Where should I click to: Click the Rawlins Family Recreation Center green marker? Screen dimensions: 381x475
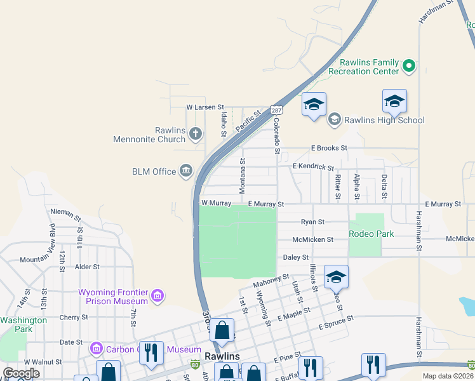click(410, 65)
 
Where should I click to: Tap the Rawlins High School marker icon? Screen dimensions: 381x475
click(334, 119)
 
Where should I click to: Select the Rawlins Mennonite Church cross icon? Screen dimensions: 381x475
click(196, 134)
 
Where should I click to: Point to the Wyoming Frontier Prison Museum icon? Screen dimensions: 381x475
click(157, 296)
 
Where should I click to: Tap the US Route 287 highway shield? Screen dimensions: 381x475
click(276, 110)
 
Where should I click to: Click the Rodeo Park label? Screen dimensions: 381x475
click(371, 234)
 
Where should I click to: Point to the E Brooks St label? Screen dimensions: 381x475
click(329, 148)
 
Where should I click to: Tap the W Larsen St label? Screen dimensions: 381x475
click(205, 108)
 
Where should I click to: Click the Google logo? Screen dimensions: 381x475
click(21, 373)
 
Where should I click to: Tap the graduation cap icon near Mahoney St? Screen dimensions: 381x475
click(336, 276)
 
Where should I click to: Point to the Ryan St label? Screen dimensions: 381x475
click(312, 222)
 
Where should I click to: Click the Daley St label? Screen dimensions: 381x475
click(295, 257)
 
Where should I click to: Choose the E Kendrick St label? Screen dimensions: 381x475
click(313, 166)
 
